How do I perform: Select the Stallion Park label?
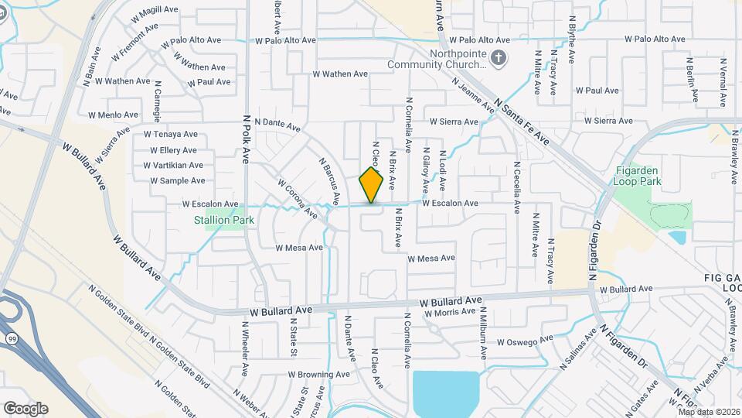[223, 220]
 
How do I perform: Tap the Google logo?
[26, 408]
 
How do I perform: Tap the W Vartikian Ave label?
[173, 165]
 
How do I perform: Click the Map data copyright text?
[710, 411]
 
